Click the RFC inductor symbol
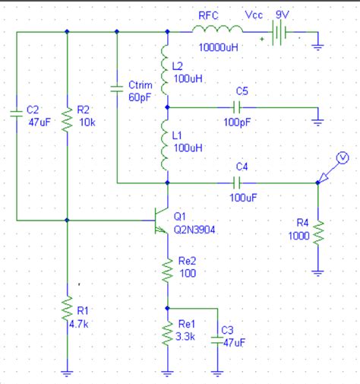216,30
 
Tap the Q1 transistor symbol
161,221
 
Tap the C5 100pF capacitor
241,107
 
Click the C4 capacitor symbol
241,182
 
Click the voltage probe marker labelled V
341,157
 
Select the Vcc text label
254,15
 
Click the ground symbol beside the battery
317,46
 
